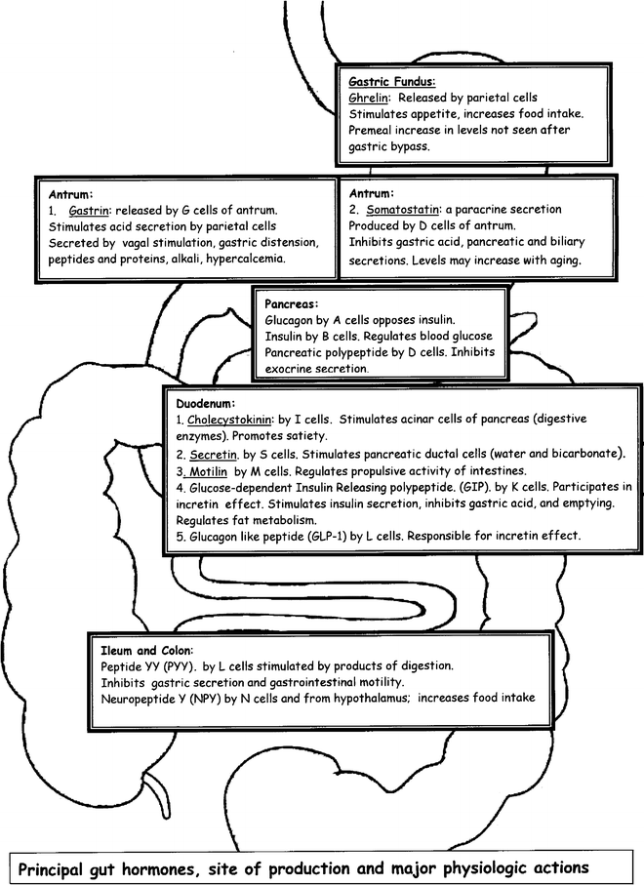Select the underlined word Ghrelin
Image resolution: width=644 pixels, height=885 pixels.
(367, 100)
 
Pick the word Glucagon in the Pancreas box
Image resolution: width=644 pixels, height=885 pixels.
(291, 320)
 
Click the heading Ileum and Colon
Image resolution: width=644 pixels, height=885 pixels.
(146, 649)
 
